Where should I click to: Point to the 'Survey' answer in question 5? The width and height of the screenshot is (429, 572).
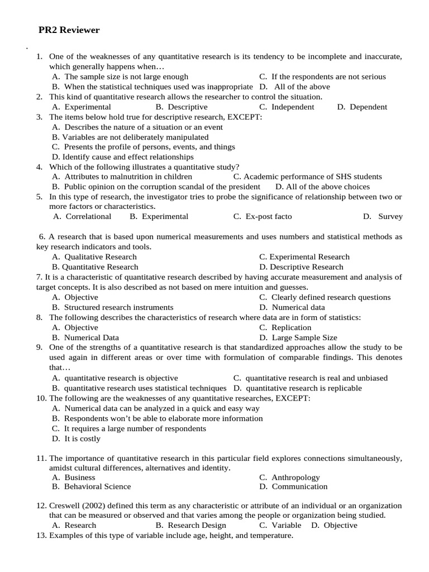[x=390, y=216]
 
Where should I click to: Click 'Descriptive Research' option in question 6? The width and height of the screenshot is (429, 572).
[x=307, y=267]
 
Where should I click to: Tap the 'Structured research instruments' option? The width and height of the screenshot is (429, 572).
[x=118, y=307]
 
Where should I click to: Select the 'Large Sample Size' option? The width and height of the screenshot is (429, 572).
[x=304, y=337]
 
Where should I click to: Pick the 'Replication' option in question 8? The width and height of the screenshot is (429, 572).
[x=291, y=327]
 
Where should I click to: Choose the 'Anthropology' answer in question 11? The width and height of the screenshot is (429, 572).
[x=295, y=477]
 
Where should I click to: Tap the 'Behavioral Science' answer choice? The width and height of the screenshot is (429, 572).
[x=97, y=487]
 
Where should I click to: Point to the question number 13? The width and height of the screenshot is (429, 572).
[x=41, y=535]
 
